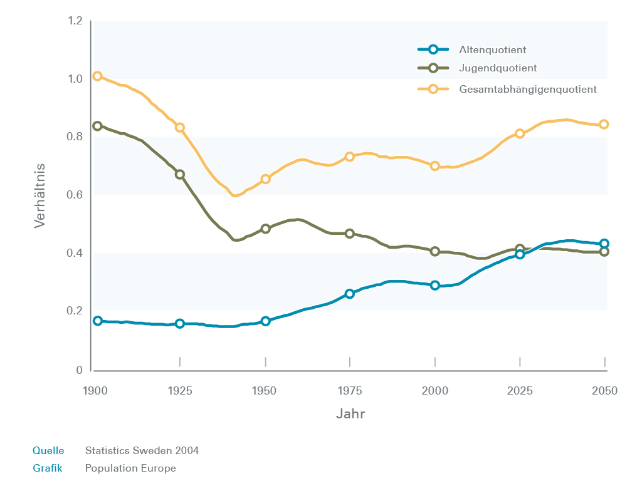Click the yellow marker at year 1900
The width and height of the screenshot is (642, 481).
click(x=97, y=76)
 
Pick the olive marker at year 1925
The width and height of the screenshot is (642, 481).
click(x=180, y=175)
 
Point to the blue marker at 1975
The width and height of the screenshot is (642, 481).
click(x=350, y=294)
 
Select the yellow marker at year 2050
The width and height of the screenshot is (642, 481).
click(x=604, y=125)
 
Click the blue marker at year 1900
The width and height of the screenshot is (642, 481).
click(x=97, y=321)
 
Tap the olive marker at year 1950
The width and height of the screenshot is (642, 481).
click(x=265, y=229)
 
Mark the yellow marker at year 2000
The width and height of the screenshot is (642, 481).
click(x=435, y=166)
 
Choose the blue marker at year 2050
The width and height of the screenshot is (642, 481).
click(x=604, y=244)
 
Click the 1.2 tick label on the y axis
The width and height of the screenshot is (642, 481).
click(x=75, y=21)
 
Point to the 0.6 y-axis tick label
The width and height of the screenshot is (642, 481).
click(x=75, y=195)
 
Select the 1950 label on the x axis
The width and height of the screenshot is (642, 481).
click(x=265, y=391)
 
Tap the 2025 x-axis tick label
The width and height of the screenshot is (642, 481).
click(x=520, y=391)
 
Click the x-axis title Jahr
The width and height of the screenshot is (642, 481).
click(x=350, y=414)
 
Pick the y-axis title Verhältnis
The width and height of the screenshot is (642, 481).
click(x=39, y=195)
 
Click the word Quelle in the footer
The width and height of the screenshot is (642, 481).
click(x=48, y=451)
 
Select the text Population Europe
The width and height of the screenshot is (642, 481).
click(x=130, y=468)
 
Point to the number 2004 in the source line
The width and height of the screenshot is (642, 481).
click(x=187, y=451)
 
